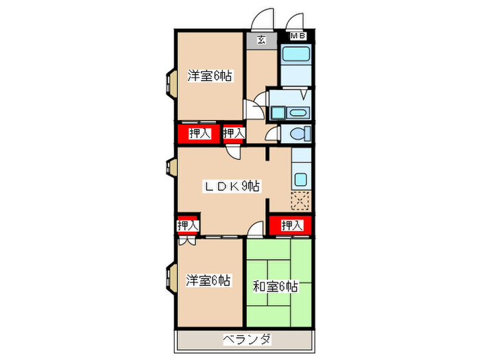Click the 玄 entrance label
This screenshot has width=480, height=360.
click(262, 39)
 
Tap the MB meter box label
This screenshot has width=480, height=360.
click(298, 36)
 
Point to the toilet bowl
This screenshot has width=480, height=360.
click(299, 133)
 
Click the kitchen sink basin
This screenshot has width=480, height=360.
click(300, 180)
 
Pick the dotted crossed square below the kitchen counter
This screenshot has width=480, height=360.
click(300, 200)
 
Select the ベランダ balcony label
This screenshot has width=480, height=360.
click(245, 339)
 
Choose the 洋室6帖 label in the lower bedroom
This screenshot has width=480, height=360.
click(208, 280)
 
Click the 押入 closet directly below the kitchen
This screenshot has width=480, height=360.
click(291, 225)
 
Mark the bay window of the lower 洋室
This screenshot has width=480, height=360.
click(169, 276)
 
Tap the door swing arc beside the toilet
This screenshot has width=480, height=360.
click(272, 133)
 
